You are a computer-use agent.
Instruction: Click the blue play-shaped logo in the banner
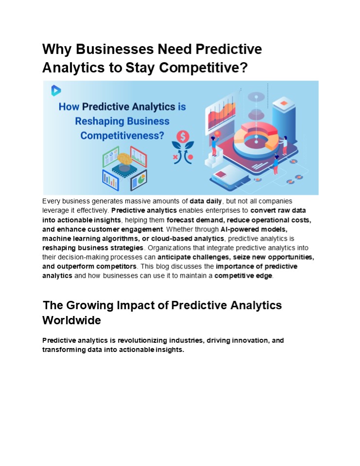[56, 90]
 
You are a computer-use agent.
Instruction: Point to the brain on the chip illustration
[125, 160]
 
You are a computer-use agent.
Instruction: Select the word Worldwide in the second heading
[71, 321]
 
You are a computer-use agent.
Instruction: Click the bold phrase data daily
[206, 201]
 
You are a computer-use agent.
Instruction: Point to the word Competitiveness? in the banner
[122, 136]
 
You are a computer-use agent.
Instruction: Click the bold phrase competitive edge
[243, 276]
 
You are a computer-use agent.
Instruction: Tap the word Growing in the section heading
[93, 305]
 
